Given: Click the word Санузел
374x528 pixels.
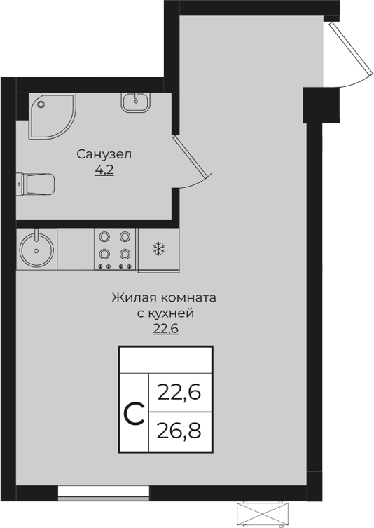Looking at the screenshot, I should pyautogui.click(x=104, y=154).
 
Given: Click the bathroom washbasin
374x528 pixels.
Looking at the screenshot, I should pyautogui.click(x=134, y=102).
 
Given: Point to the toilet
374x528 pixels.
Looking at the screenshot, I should pyautogui.click(x=36, y=184).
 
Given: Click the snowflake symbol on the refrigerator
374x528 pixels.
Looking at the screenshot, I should pyautogui.click(x=158, y=248).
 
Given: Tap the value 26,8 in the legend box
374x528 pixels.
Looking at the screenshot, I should pyautogui.click(x=179, y=428).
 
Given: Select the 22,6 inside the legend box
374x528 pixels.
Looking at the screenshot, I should pyautogui.click(x=179, y=391).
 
